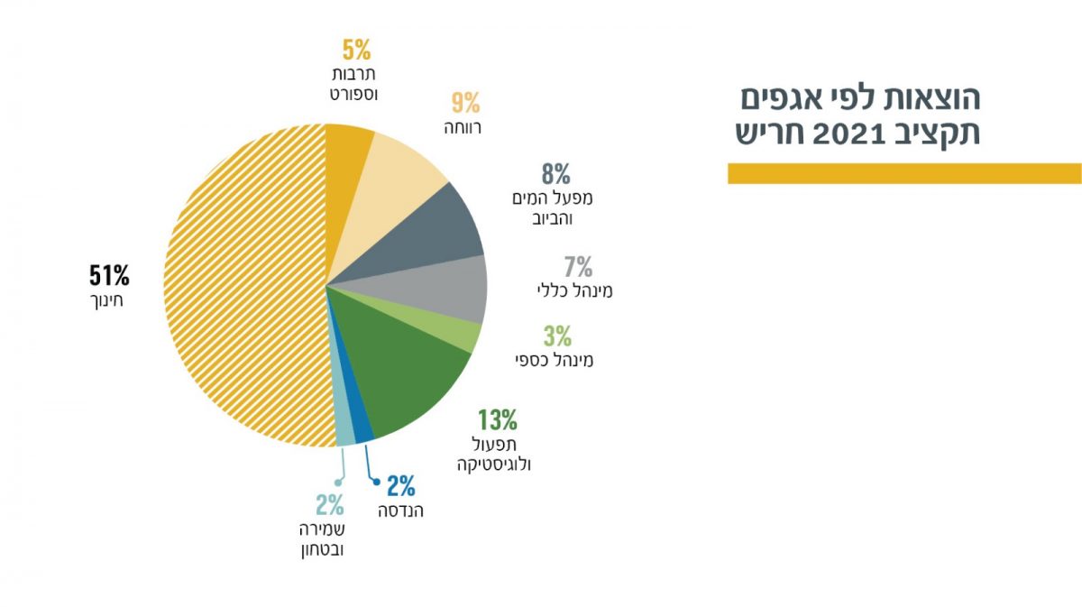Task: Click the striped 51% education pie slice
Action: coord(243,289)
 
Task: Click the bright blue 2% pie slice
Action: coord(362,428)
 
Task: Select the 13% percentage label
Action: coord(497,419)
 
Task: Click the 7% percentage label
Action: coord(578,267)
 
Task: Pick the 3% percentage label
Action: coord(557,336)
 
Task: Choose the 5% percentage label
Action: coord(356,48)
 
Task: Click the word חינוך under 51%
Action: coord(102,299)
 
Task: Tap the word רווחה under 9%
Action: coord(463,128)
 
